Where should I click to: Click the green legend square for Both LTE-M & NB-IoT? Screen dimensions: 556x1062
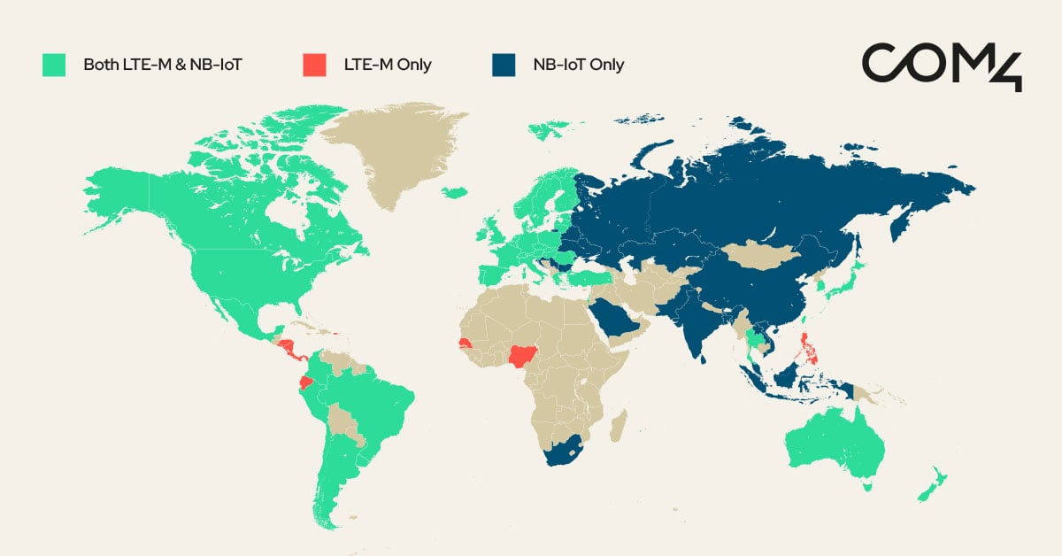pyautogui.click(x=53, y=65)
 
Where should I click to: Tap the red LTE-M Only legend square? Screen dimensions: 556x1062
pyautogui.click(x=312, y=65)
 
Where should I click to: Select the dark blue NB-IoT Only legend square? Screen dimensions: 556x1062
pyautogui.click(x=503, y=65)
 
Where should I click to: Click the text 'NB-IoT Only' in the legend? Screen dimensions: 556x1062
pyautogui.click(x=578, y=65)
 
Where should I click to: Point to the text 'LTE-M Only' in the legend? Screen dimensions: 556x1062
pyautogui.click(x=388, y=65)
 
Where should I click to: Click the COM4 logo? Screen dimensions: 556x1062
pyautogui.click(x=942, y=64)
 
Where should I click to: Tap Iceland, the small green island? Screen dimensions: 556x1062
pyautogui.click(x=454, y=192)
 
